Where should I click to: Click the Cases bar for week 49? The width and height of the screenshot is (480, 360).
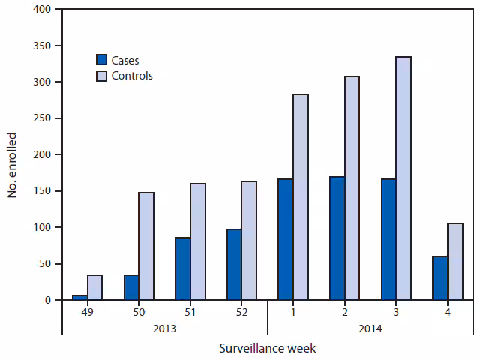click(79, 297)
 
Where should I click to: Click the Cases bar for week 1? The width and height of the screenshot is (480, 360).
click(285, 239)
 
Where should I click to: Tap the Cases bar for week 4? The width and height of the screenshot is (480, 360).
click(439, 278)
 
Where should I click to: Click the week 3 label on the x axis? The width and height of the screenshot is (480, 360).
click(395, 311)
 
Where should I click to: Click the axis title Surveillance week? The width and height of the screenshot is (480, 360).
click(268, 349)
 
